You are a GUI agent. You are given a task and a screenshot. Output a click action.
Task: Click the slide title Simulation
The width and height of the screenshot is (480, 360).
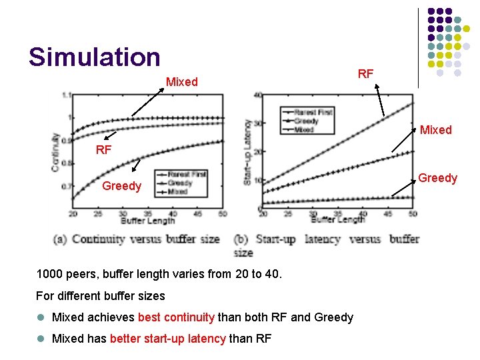pyautogui.click(x=94, y=57)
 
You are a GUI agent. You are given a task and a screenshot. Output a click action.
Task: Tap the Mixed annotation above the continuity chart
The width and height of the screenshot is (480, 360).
pyautogui.click(x=181, y=82)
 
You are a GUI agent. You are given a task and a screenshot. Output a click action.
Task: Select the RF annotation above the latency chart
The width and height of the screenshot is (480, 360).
pyautogui.click(x=365, y=74)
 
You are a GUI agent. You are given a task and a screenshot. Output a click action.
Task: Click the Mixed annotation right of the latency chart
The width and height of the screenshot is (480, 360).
pyautogui.click(x=435, y=130)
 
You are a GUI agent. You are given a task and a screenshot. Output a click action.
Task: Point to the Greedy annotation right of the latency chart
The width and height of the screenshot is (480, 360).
pyautogui.click(x=437, y=178)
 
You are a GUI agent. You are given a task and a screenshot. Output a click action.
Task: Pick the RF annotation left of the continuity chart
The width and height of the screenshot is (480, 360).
pyautogui.click(x=103, y=150)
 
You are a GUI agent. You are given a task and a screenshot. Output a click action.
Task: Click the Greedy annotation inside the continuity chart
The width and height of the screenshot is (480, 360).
pyautogui.click(x=121, y=186)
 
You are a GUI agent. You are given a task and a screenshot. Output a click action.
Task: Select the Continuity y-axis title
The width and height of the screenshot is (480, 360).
pyautogui.click(x=56, y=152)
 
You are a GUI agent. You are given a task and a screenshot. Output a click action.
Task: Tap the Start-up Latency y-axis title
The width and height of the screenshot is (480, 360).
pyautogui.click(x=248, y=152)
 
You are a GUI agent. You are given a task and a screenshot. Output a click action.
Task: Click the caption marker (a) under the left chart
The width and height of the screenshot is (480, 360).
pyautogui.click(x=62, y=239)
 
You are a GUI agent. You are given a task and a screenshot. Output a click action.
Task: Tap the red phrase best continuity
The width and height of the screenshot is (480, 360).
pyautogui.click(x=176, y=317)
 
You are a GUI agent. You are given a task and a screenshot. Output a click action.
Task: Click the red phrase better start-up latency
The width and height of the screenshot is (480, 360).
pyautogui.click(x=168, y=339)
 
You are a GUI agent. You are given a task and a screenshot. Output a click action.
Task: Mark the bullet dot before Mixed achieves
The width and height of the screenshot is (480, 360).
pyautogui.click(x=41, y=317)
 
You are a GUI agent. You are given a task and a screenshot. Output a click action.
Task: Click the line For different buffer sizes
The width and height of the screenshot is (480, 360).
pyautogui.click(x=101, y=295)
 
